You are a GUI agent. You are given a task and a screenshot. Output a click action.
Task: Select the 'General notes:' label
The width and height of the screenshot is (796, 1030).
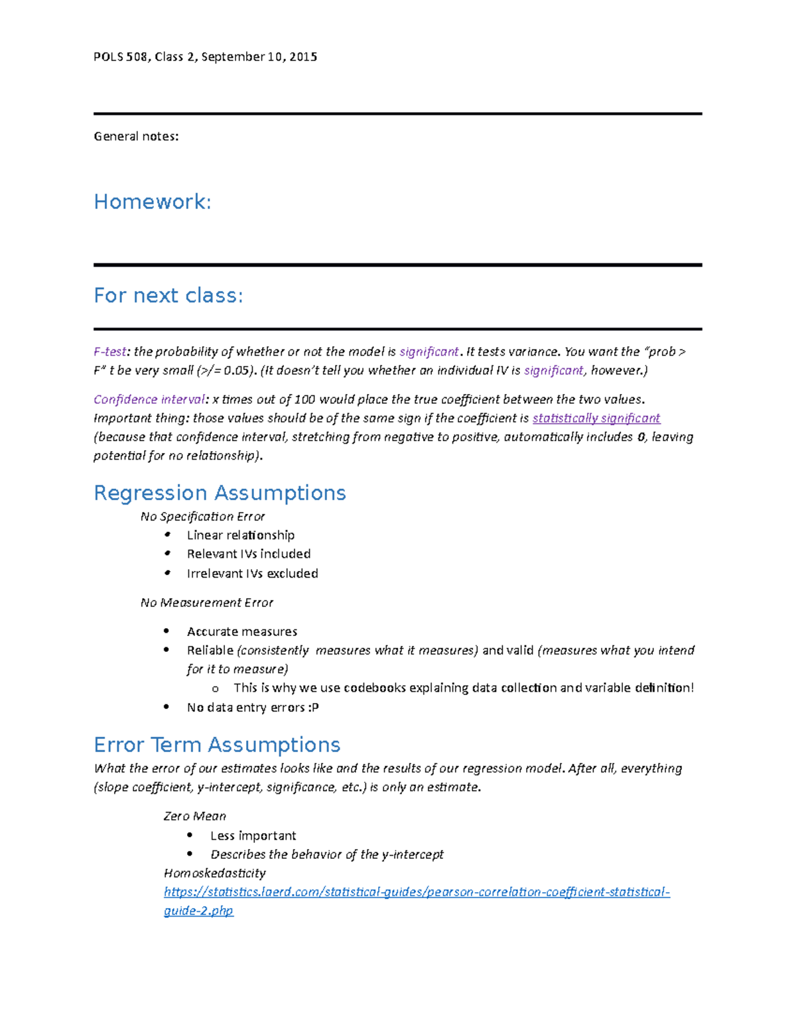pyautogui.click(x=136, y=137)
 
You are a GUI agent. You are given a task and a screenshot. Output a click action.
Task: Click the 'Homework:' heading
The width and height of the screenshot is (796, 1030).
pyautogui.click(x=153, y=202)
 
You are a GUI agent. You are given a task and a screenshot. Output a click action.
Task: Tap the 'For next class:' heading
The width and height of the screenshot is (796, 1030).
pyautogui.click(x=168, y=295)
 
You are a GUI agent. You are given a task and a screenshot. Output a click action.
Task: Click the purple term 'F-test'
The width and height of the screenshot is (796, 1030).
pyautogui.click(x=109, y=352)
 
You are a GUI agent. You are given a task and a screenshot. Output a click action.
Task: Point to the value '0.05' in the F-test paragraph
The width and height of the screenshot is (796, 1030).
pyautogui.click(x=237, y=370)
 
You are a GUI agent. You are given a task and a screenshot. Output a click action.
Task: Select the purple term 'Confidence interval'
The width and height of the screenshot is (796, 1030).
pyautogui.click(x=149, y=399)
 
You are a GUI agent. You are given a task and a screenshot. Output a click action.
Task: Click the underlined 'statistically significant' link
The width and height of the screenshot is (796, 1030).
pyautogui.click(x=596, y=418)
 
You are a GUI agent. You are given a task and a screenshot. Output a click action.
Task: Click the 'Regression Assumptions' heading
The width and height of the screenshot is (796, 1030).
pyautogui.click(x=220, y=493)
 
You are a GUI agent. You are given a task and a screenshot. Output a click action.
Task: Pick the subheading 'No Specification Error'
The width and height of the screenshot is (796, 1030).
pyautogui.click(x=202, y=516)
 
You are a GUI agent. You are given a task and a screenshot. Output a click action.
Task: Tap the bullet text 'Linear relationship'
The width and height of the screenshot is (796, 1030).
pyautogui.click(x=241, y=535)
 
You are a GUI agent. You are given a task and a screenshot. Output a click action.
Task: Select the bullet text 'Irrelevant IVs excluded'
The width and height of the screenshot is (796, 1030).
pyautogui.click(x=252, y=574)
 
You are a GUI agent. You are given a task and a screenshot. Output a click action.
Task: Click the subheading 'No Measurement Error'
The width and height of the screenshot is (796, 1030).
pyautogui.click(x=206, y=602)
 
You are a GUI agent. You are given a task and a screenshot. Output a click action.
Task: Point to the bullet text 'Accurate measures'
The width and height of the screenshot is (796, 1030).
pyautogui.click(x=242, y=631)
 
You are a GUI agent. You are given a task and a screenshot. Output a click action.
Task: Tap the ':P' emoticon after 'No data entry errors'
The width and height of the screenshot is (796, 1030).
pyautogui.click(x=313, y=708)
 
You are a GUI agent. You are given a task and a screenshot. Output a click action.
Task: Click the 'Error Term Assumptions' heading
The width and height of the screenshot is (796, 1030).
pyautogui.click(x=217, y=745)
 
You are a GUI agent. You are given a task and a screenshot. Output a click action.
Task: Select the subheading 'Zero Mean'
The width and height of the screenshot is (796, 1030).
pyautogui.click(x=194, y=816)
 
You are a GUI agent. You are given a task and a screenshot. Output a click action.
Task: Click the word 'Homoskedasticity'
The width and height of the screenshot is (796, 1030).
pyautogui.click(x=214, y=873)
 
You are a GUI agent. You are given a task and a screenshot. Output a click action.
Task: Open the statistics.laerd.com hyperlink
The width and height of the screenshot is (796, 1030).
pyautogui.click(x=417, y=892)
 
